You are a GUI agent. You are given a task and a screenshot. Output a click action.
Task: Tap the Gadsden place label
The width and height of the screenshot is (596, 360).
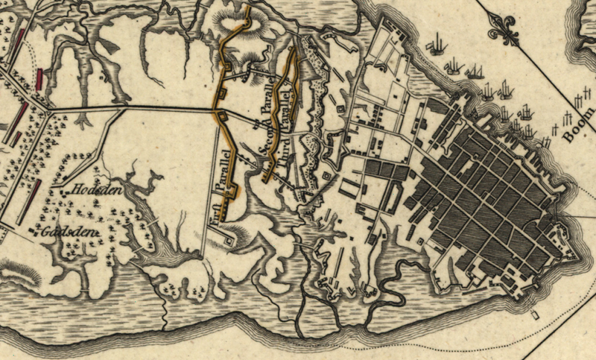(70, 232)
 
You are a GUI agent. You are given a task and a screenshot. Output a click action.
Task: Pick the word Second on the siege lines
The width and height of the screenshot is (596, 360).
(264, 145)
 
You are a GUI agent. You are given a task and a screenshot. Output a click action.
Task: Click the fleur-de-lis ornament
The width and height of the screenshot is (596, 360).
(501, 28)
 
